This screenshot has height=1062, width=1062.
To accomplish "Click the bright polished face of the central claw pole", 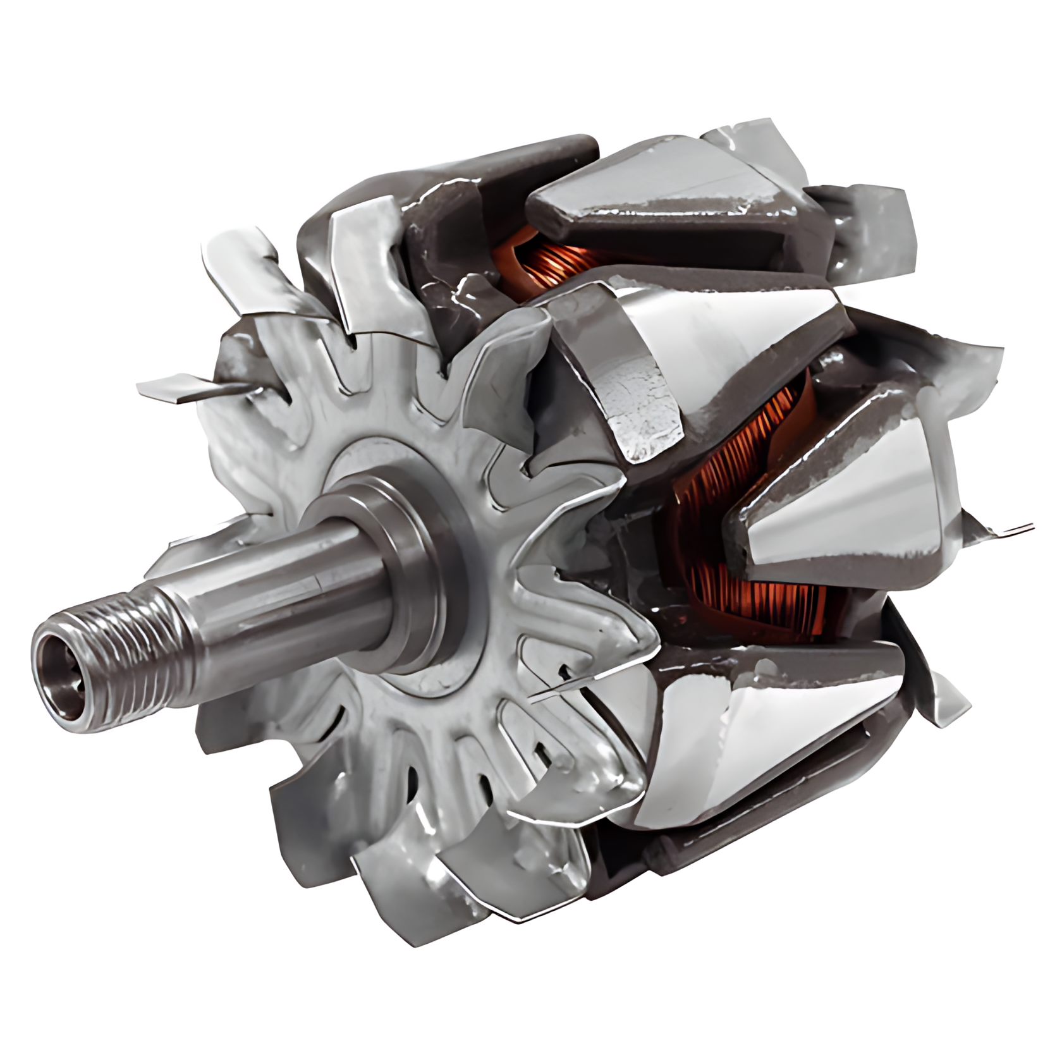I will pos(746,335).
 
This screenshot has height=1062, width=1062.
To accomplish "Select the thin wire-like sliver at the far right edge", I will pos(1011,528).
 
